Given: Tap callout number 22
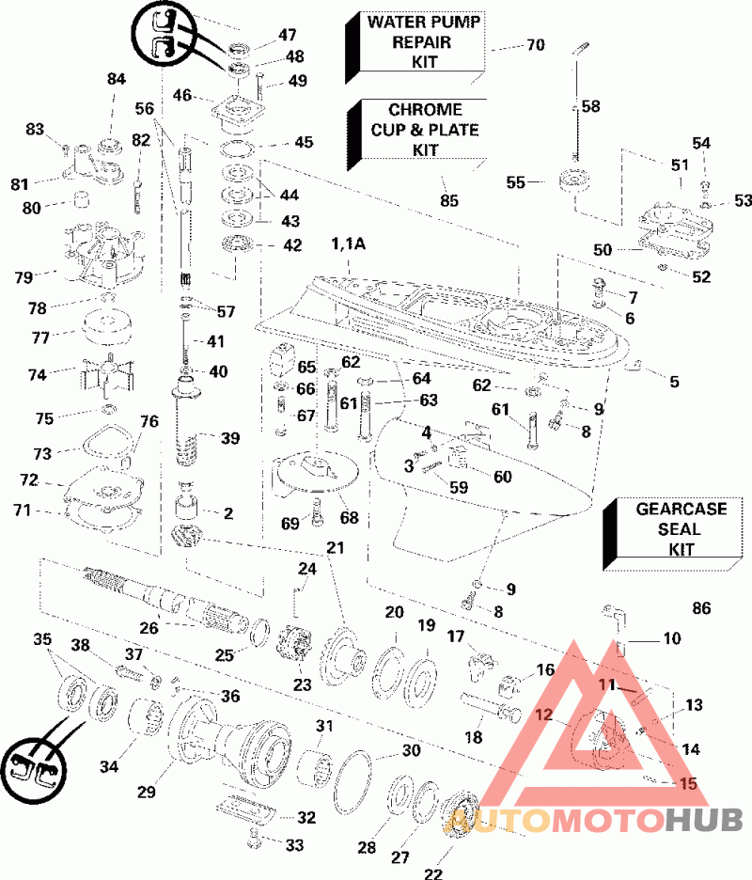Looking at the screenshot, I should tap(432, 873).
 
